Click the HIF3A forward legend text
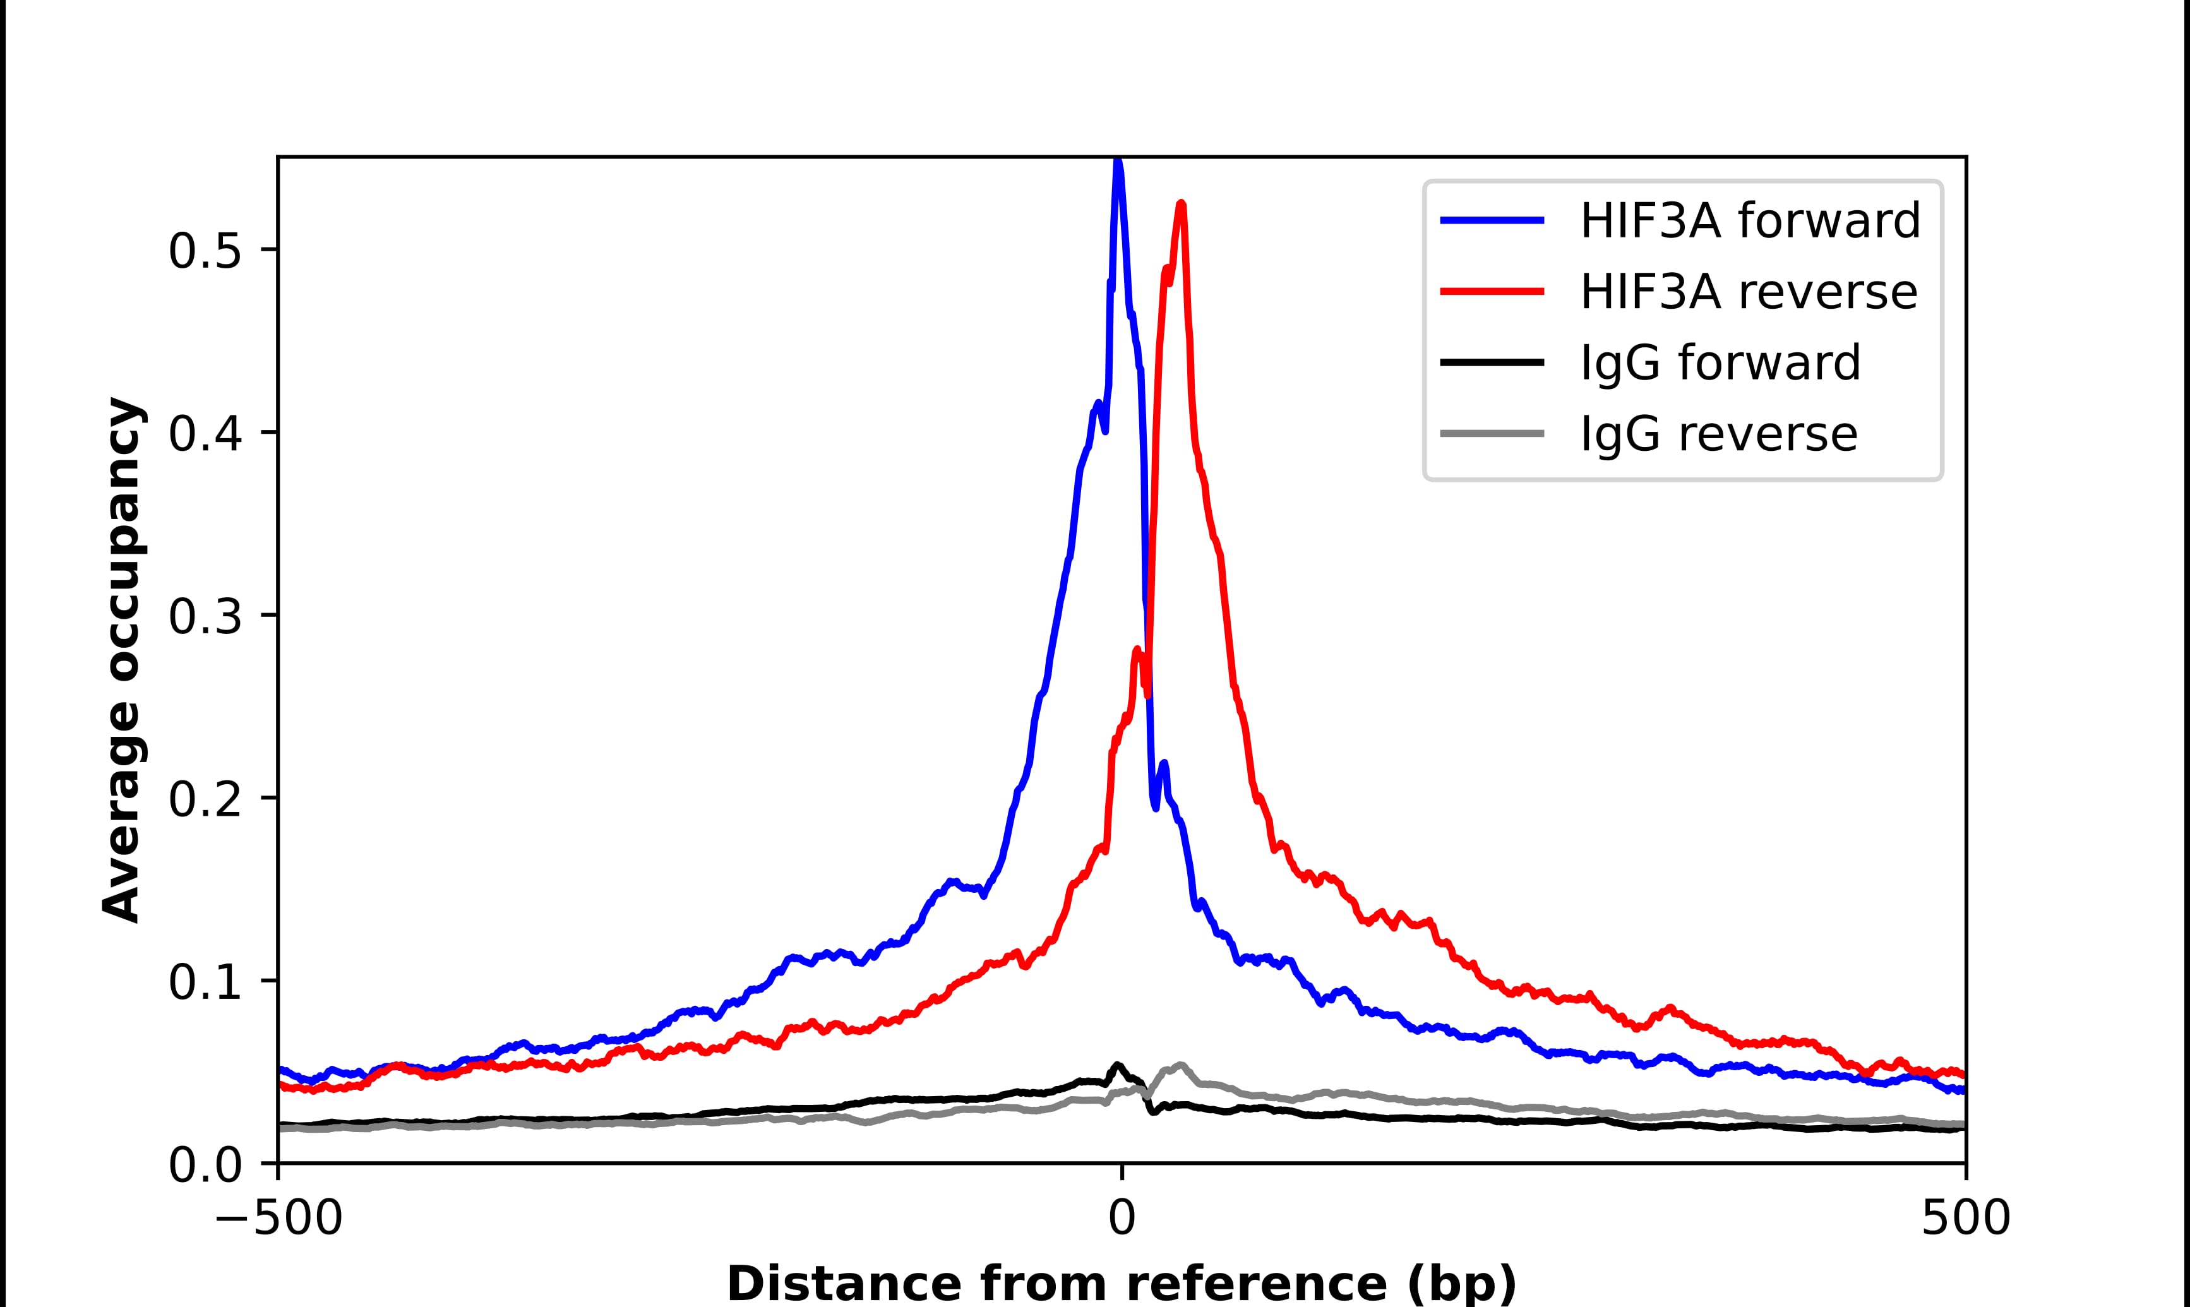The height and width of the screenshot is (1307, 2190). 1750,221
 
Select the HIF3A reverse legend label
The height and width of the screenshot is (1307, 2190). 1748,292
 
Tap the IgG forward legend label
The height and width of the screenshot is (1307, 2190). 1720,363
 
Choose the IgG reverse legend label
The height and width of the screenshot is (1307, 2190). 1718,434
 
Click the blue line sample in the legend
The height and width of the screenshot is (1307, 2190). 1492,221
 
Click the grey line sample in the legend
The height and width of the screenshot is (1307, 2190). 1492,433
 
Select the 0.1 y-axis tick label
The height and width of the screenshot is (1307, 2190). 205,984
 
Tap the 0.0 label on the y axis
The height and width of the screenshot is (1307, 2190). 205,1167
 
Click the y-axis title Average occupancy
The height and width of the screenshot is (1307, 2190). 121,660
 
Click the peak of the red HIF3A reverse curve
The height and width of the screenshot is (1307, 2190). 1182,205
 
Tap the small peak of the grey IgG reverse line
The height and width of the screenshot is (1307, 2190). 1181,1065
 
